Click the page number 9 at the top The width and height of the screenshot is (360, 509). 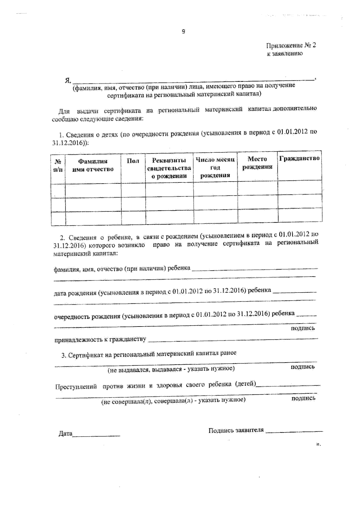point(183,31)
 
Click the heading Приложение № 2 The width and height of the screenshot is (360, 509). point(291,45)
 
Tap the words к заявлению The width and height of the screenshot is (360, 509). point(285,54)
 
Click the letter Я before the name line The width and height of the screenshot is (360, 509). point(67,81)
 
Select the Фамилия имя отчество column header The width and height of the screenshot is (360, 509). point(93,165)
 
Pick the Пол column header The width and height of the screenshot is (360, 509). point(133,161)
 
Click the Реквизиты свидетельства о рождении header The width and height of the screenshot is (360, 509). point(169,168)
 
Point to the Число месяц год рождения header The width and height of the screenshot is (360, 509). point(215,167)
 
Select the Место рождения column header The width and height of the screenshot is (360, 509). point(257,163)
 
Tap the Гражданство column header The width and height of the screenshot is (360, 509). point(300,158)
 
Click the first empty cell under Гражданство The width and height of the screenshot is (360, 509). point(300,187)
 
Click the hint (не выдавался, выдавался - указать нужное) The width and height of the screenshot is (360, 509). point(171,369)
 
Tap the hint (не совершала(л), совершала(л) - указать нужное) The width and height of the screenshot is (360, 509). point(173,400)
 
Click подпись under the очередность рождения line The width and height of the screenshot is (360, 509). point(303,328)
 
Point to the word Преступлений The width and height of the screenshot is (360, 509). point(76,387)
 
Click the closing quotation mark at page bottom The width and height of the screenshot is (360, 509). point(318,444)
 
